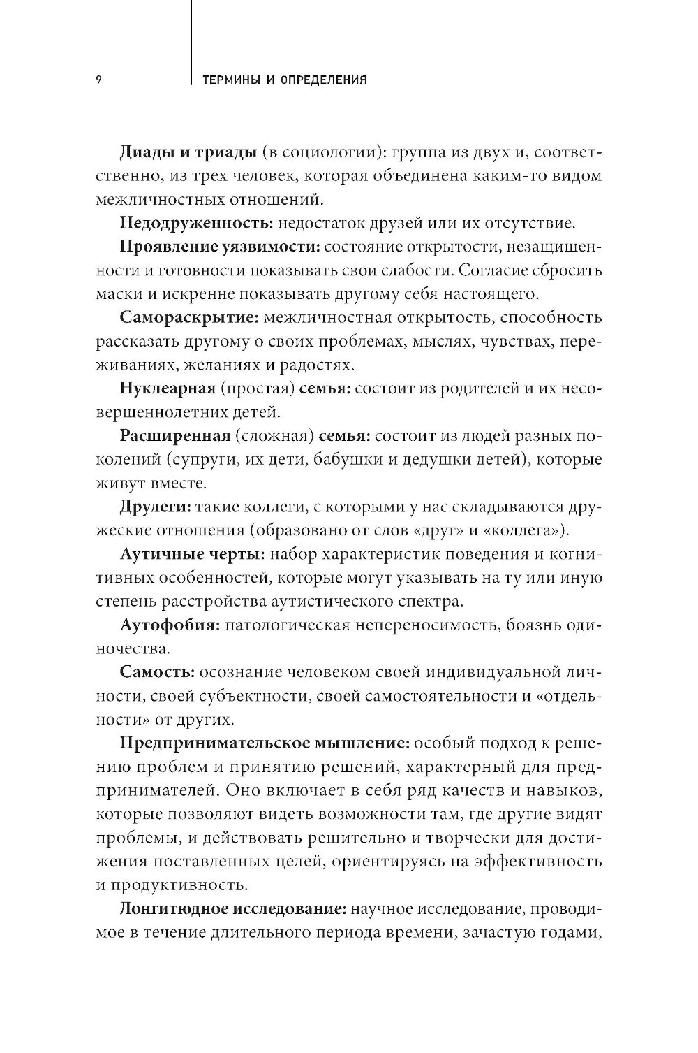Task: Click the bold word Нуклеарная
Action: [165, 388]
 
